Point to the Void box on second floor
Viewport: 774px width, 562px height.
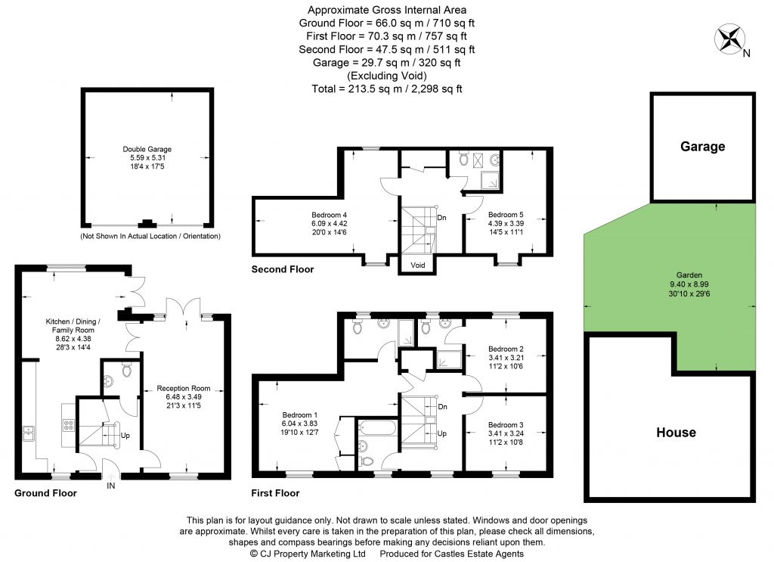[x=417, y=265]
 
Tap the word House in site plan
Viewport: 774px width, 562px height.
[x=676, y=432]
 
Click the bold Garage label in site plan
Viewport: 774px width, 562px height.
[x=702, y=146]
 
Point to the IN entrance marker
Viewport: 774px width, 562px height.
[x=112, y=485]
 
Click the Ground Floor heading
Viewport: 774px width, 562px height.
[x=45, y=493]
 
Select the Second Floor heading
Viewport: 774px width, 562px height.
[x=282, y=269]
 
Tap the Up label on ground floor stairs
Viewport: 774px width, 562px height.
[x=125, y=436]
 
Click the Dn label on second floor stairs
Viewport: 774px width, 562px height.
[x=441, y=218]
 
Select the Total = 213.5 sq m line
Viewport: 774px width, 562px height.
[x=386, y=88]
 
